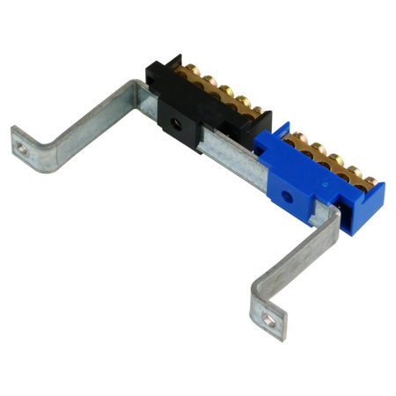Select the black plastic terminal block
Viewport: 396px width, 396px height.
pyautogui.click(x=189, y=110)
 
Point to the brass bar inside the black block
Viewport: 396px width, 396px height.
pyautogui.click(x=220, y=101)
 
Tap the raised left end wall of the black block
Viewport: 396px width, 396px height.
pyautogui.click(x=154, y=79)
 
